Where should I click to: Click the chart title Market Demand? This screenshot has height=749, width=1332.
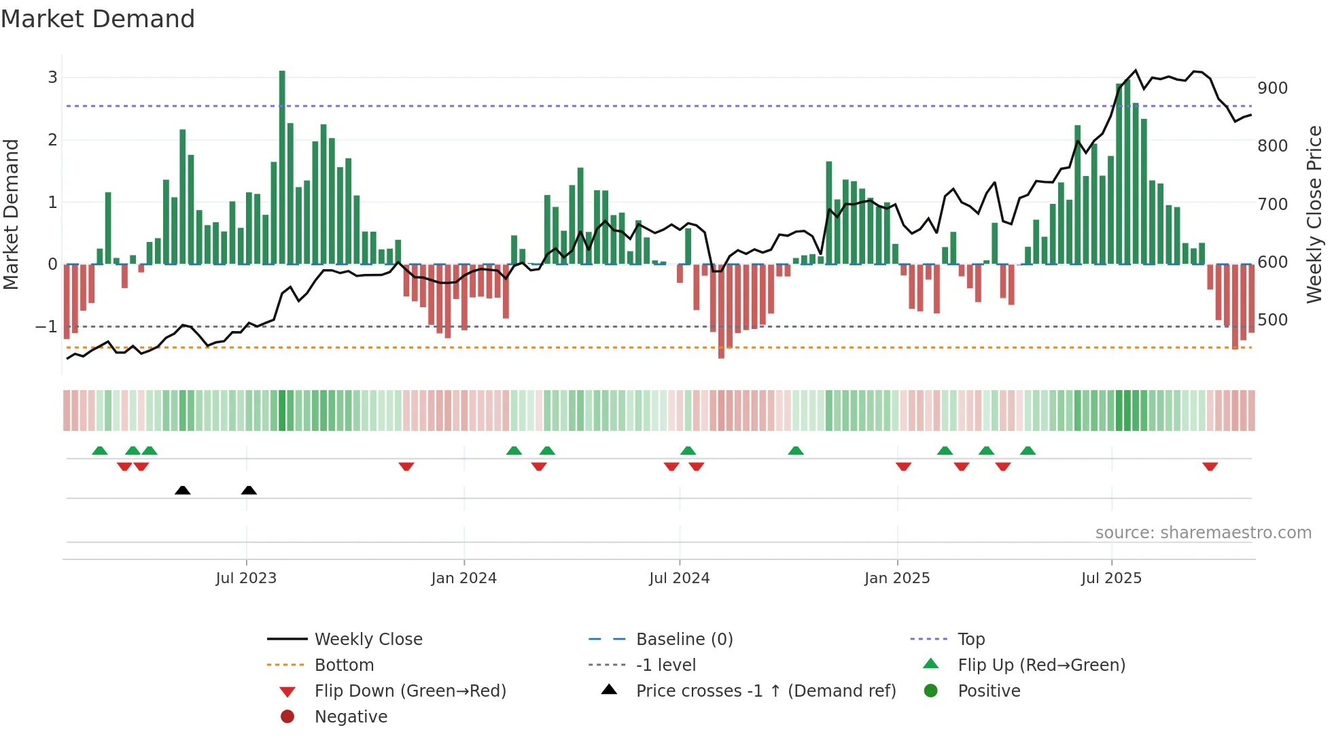(x=98, y=19)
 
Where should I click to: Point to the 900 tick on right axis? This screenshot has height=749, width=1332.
(x=1272, y=88)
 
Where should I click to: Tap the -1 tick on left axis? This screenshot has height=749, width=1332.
(x=46, y=327)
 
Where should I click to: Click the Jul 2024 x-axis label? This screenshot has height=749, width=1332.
(x=679, y=578)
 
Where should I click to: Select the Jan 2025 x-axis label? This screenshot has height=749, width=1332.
(x=897, y=578)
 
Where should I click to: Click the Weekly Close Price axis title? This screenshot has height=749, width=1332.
(x=1314, y=214)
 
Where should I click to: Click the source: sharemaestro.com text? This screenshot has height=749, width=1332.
(x=1203, y=533)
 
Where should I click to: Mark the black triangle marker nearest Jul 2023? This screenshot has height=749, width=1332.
(x=249, y=490)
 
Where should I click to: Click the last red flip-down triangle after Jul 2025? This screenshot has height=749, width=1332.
(x=1210, y=466)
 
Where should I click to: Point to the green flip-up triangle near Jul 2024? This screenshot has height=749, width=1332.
(x=688, y=451)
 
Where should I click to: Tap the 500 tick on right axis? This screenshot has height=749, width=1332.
(x=1272, y=320)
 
